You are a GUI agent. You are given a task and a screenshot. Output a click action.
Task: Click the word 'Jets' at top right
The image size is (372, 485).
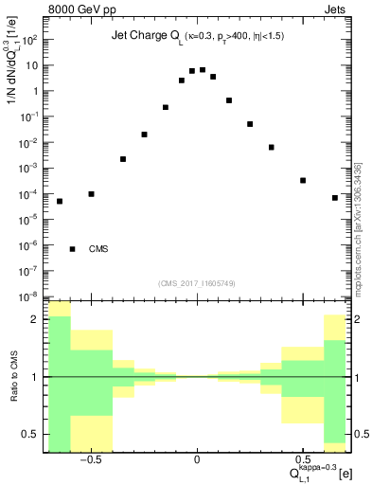pyautogui.click(x=336, y=10)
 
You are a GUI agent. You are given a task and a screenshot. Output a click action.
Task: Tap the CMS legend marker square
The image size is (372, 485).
pyautogui.click(x=73, y=249)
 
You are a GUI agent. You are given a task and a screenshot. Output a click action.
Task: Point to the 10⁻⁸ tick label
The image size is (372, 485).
pyautogui.click(x=28, y=296)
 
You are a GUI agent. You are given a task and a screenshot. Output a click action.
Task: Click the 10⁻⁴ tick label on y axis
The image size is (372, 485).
pyautogui.click(x=28, y=194)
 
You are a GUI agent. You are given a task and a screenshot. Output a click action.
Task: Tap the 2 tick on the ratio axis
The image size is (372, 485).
pyautogui.click(x=35, y=319)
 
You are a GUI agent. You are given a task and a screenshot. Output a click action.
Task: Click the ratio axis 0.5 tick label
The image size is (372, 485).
pyautogui.click(x=30, y=434)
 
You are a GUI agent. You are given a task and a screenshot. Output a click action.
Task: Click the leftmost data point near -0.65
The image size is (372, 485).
pyautogui.click(x=60, y=201)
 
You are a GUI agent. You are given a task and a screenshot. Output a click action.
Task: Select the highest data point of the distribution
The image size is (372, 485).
pyautogui.click(x=203, y=69)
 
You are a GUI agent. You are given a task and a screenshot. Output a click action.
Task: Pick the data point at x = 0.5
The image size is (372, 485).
pyautogui.click(x=303, y=180)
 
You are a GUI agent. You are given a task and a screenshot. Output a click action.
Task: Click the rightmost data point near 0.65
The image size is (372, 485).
pyautogui.click(x=335, y=198)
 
